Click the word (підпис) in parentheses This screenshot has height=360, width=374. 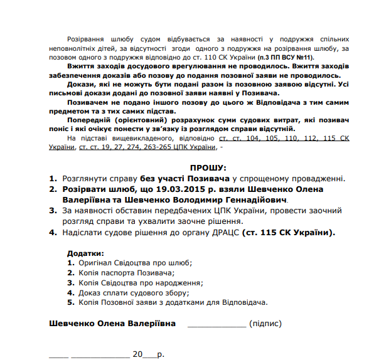click(x=265, y=324)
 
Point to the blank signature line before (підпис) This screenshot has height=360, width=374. click(x=216, y=324)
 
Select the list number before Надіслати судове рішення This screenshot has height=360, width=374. click(x=53, y=232)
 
